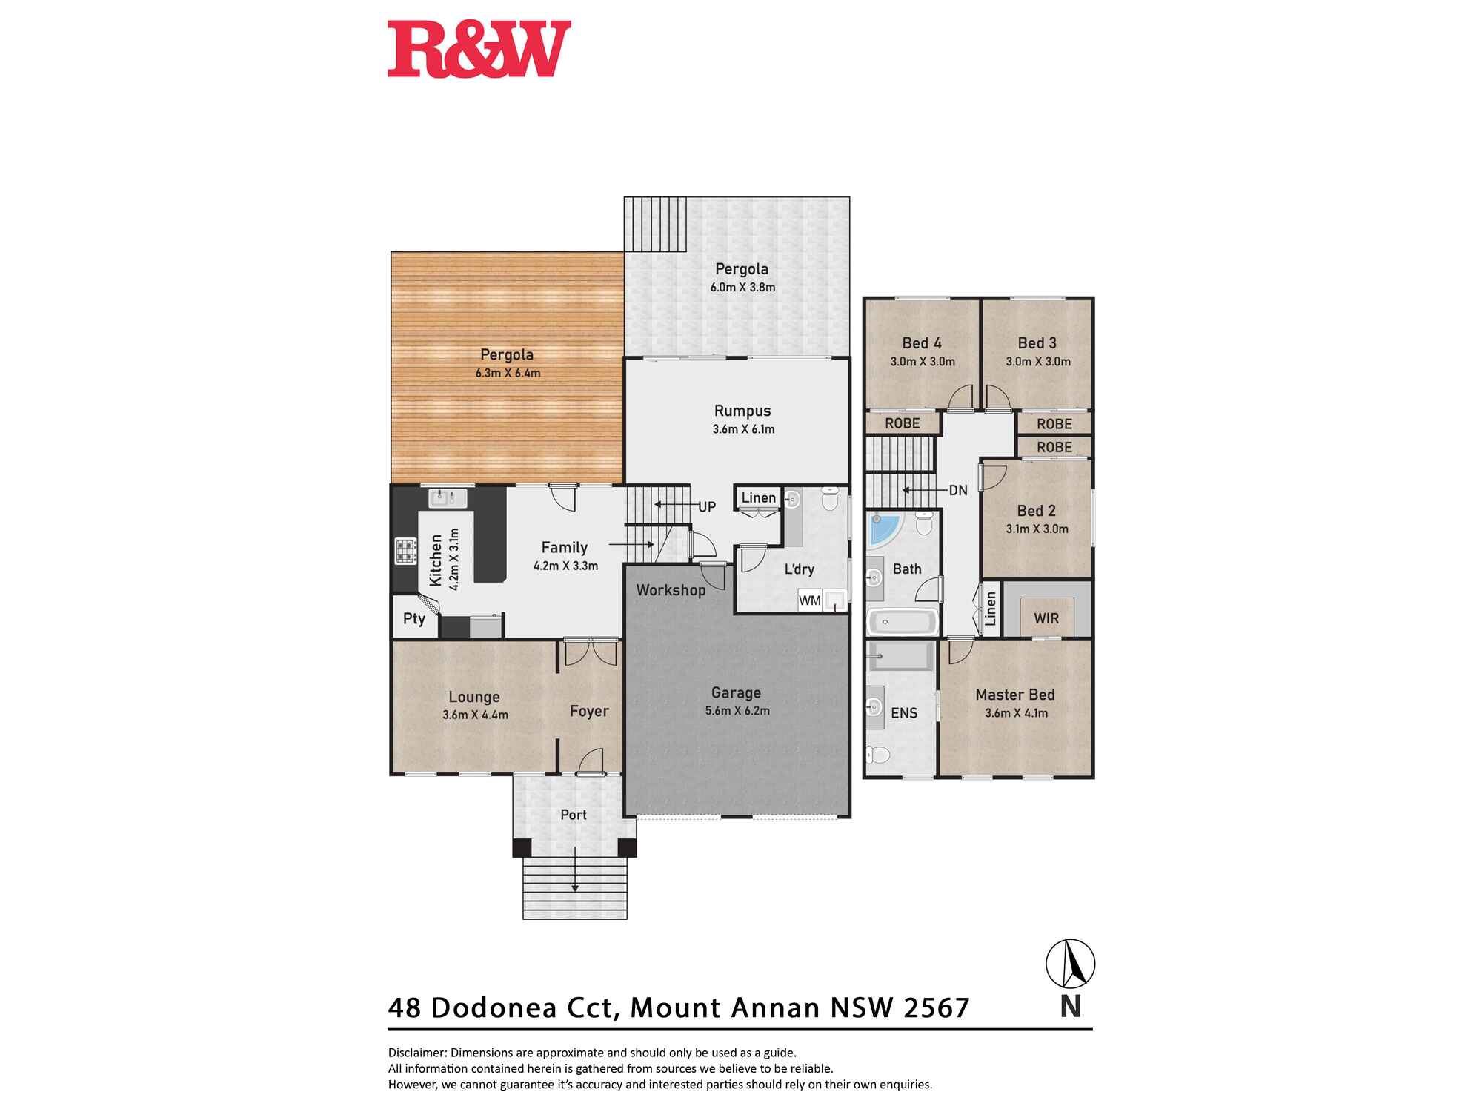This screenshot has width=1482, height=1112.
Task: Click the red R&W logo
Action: pos(479,49)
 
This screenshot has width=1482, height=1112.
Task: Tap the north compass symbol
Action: pos(1070,964)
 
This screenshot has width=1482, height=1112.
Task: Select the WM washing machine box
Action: pos(810,600)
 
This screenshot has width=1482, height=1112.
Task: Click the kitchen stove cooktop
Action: pos(405,551)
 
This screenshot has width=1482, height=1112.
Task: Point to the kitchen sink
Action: pos(448,497)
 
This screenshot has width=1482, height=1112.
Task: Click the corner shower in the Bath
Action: pos(885,528)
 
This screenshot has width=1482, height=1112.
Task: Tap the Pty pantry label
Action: pos(414,618)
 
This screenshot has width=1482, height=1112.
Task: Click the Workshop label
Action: pos(671,590)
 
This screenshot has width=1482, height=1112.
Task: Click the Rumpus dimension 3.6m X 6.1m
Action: pos(743,429)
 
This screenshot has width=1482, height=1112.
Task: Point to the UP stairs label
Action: pos(707,507)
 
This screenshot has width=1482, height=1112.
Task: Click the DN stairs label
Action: pos(958,490)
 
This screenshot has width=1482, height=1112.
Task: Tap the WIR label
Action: pos(1046,618)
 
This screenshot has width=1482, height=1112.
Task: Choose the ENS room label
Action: pos(904,713)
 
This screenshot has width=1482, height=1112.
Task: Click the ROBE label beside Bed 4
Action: pos(903,423)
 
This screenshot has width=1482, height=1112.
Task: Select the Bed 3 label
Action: pos(1037,343)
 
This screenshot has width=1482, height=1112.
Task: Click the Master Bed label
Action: pos(1015,695)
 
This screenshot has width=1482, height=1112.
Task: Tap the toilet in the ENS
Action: pos(879,755)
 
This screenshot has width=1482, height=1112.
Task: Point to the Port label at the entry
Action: pos(574,815)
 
